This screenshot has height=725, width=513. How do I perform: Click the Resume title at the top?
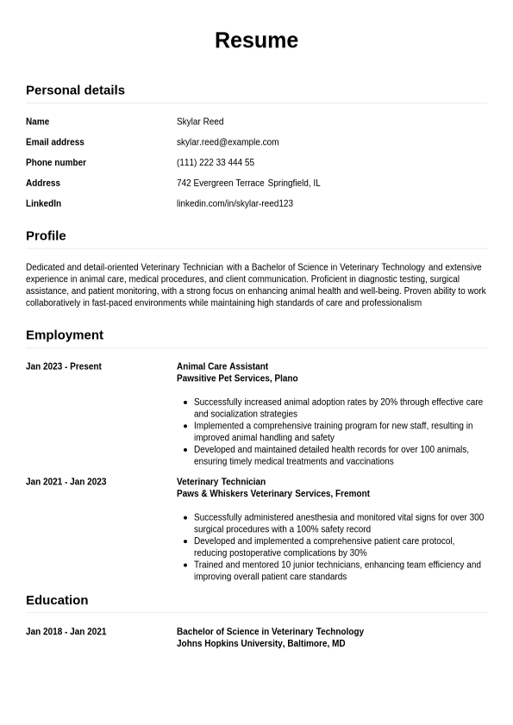tap(256, 41)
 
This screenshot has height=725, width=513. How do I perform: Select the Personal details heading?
tap(75, 90)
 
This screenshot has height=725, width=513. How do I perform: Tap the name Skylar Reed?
tap(200, 122)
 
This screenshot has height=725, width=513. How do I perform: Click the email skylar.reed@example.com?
tap(228, 142)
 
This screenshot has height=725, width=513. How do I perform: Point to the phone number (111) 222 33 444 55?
tap(216, 163)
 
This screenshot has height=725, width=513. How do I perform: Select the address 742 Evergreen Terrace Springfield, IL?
tap(248, 183)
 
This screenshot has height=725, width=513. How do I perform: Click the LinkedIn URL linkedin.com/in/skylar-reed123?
tap(235, 203)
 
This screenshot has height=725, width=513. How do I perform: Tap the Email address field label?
tap(55, 142)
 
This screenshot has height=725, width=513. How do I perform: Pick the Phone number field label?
tap(56, 163)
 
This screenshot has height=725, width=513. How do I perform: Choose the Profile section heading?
tap(46, 235)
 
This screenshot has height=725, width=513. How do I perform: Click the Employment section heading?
tap(65, 334)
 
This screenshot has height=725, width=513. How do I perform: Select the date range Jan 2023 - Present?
tap(64, 366)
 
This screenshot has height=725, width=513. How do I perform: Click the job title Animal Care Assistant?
tap(222, 366)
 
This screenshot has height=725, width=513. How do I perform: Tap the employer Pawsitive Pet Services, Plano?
tap(237, 378)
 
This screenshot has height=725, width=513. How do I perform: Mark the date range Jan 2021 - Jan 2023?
tap(66, 482)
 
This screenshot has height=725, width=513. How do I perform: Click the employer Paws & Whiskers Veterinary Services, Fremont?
tap(273, 494)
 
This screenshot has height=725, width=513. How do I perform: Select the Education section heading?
tap(57, 600)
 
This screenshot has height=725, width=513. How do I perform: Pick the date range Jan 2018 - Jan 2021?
tap(66, 632)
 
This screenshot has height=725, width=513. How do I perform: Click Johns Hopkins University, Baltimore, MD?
tap(260, 644)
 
